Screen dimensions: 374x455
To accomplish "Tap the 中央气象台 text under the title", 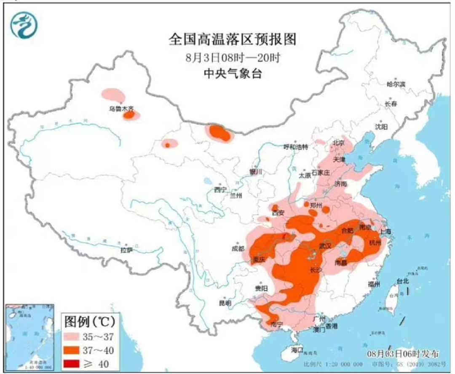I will (x=233, y=74).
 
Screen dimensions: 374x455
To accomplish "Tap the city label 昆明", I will (x=225, y=302).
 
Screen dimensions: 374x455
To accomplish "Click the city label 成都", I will (x=238, y=248).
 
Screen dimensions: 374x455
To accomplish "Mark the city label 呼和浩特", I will (x=295, y=147).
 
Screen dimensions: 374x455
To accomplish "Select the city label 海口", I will (x=297, y=349).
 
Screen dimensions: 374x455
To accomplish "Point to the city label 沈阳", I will (x=381, y=126).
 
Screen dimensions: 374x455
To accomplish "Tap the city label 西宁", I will (x=220, y=189).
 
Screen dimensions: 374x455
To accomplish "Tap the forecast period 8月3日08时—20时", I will (x=233, y=57).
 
